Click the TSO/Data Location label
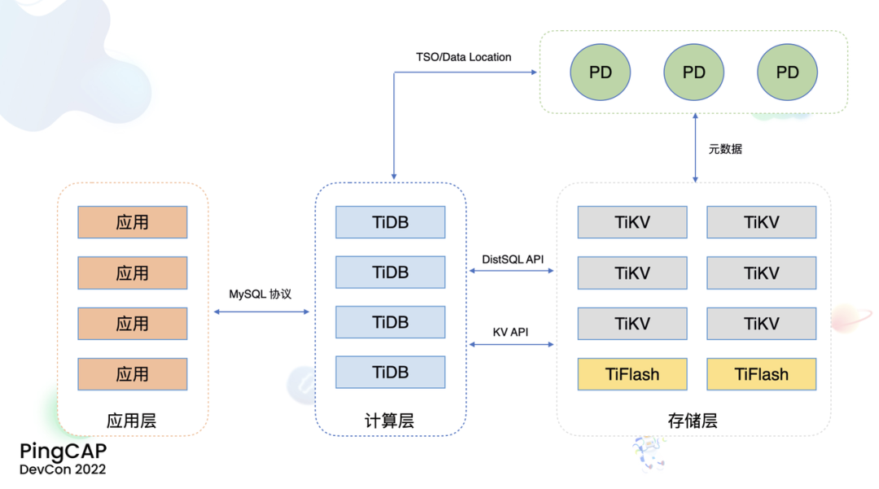coord(463,57)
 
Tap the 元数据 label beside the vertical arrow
coord(725,149)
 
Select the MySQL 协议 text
coord(260,294)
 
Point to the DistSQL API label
coord(513,259)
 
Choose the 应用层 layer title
coord(132,421)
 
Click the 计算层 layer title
coord(390,421)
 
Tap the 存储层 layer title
coord(693,421)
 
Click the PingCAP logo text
coord(63,452)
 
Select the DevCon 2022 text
coord(63,469)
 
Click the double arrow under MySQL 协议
coord(261,312)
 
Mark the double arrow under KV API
coord(513,345)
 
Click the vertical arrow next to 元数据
coord(694,148)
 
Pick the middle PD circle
coord(694,72)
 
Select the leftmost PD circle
coord(601,72)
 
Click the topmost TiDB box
coord(391,222)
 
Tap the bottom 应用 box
coord(133,374)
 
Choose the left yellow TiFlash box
coord(632,374)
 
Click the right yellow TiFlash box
coord(762,374)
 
